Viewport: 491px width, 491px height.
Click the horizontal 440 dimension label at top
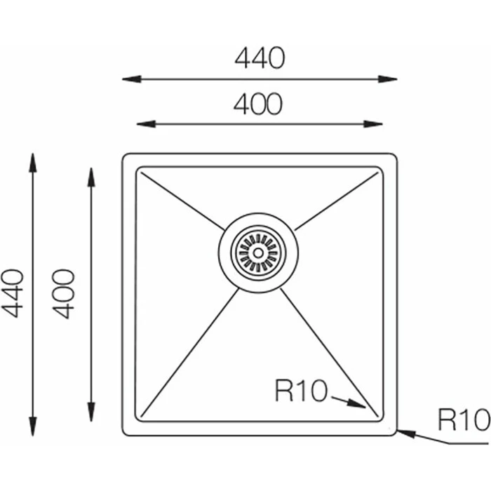(x=260, y=58)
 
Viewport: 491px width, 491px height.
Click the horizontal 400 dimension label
(x=258, y=104)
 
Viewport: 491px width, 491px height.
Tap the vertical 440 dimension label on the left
(x=13, y=293)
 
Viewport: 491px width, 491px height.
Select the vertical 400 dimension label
(x=63, y=294)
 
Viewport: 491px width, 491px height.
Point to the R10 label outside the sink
(x=464, y=419)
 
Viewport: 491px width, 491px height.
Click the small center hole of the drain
(x=258, y=253)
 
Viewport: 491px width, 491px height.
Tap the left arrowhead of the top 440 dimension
(x=132, y=79)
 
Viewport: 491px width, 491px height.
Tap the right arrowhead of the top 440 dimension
(x=388, y=79)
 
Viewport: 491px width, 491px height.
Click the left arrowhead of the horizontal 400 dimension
(x=146, y=124)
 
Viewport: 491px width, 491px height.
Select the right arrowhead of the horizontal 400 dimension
(x=373, y=124)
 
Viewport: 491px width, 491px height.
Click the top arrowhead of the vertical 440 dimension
(x=32, y=163)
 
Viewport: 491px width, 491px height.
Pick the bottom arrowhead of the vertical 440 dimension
(x=32, y=426)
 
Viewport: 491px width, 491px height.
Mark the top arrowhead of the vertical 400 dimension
(x=91, y=177)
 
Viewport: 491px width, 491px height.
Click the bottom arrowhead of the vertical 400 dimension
(x=91, y=412)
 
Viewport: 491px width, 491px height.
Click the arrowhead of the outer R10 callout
(x=406, y=433)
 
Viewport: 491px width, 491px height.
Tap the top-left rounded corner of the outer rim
(x=124, y=156)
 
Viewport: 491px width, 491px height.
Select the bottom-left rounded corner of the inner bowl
(x=137, y=419)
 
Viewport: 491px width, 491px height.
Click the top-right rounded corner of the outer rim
(x=395, y=156)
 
